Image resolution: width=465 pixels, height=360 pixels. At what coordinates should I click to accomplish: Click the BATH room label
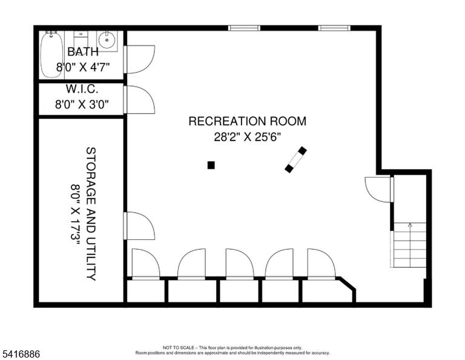click(83, 52)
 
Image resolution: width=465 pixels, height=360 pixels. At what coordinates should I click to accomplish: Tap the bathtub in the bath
click(51, 54)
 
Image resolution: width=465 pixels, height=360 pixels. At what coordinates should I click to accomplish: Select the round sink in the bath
click(107, 40)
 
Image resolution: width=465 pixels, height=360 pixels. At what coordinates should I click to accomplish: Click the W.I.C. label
click(82, 88)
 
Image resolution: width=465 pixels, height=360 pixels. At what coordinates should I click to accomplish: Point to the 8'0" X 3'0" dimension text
click(82, 104)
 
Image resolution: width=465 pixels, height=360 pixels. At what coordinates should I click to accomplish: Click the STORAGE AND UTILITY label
click(91, 214)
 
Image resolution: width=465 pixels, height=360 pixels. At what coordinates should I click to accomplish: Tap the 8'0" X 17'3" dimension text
click(76, 214)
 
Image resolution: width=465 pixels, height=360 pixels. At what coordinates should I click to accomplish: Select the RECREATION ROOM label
click(247, 121)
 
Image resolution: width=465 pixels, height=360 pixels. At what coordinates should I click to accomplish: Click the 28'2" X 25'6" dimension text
click(247, 137)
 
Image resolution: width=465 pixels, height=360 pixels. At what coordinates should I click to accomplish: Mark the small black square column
click(211, 165)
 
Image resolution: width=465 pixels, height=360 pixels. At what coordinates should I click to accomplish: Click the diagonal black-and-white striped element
click(295, 159)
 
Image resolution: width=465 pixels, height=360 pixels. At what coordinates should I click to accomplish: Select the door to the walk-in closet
click(139, 99)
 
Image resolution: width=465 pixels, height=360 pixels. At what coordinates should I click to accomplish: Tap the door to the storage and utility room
click(139, 226)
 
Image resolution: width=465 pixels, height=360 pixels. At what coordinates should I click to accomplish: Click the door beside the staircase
click(379, 189)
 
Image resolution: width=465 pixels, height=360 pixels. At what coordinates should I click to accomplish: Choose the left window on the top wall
click(244, 28)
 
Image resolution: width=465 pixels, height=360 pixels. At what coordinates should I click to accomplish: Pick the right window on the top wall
click(334, 28)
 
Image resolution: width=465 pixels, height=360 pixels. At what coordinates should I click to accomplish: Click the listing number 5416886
click(21, 354)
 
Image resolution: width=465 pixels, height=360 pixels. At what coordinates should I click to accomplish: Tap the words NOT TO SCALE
click(179, 347)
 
